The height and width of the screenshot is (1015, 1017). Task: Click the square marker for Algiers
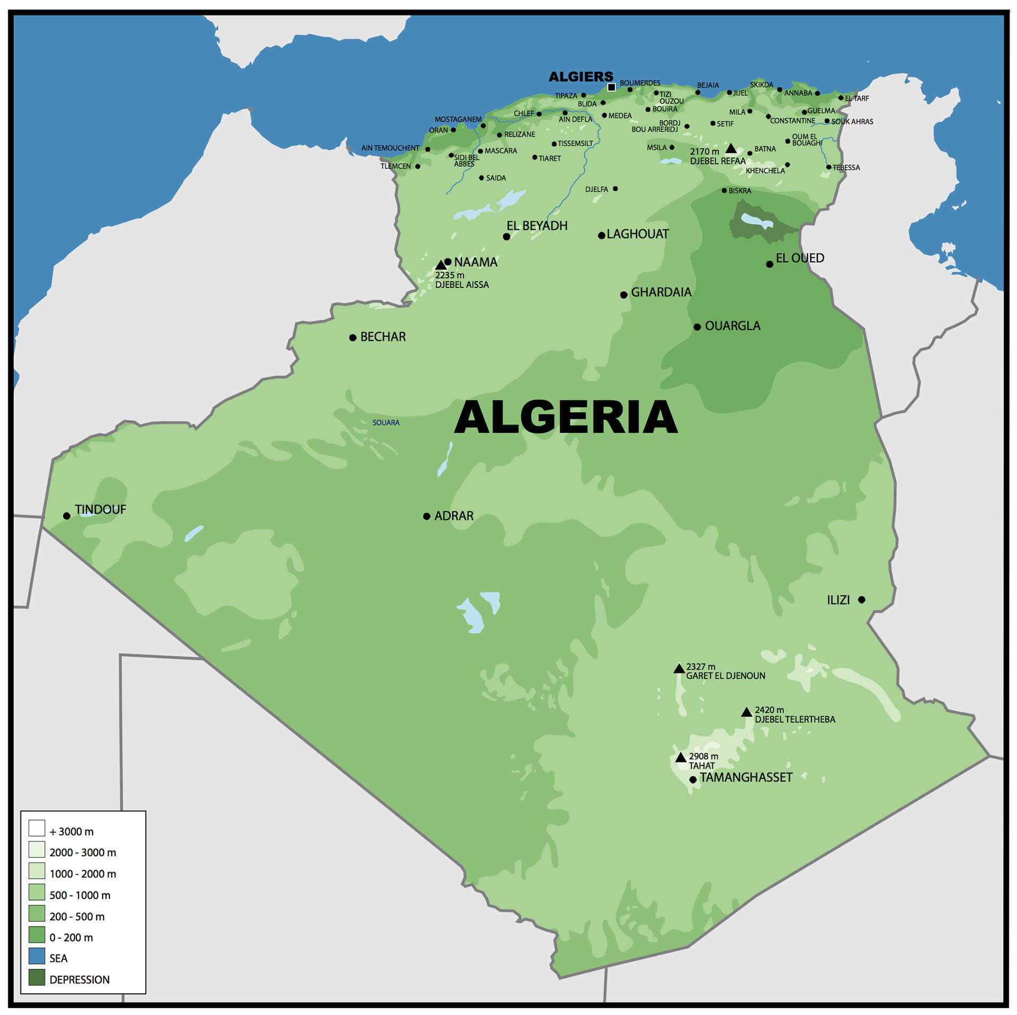(x=611, y=87)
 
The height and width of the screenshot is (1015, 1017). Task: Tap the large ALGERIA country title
(x=566, y=417)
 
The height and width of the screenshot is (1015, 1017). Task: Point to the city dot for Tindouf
(x=67, y=516)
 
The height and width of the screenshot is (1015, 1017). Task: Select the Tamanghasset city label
(x=746, y=777)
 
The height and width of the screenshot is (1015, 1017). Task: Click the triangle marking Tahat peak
(x=681, y=758)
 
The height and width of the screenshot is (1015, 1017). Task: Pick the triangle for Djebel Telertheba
(x=746, y=712)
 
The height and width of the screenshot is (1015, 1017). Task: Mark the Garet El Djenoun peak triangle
(x=679, y=669)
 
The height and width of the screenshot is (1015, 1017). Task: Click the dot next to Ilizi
(x=862, y=599)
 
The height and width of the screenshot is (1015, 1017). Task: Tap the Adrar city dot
(x=427, y=516)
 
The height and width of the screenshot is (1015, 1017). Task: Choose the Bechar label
(x=382, y=337)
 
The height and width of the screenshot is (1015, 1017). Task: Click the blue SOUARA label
(x=386, y=423)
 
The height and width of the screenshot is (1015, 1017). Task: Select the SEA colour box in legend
(x=37, y=956)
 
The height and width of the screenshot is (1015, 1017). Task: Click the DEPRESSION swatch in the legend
(x=37, y=977)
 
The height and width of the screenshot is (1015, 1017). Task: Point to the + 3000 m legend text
(x=72, y=832)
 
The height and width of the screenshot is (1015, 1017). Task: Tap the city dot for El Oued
(x=770, y=264)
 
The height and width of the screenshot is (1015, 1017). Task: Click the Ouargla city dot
(x=697, y=327)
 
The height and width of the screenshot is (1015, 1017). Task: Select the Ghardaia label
(x=661, y=292)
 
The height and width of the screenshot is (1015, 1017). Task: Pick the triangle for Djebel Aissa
(x=441, y=265)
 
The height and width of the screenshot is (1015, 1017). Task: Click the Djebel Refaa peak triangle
(x=731, y=148)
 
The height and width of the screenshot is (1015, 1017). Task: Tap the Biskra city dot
(x=724, y=191)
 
